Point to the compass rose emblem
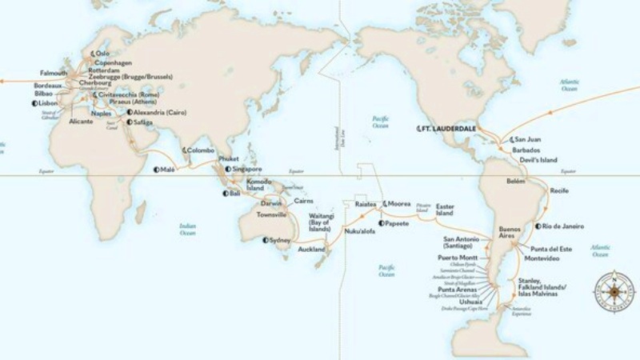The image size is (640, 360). pyautogui.click(x=612, y=287)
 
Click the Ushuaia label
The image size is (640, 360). pyautogui.click(x=468, y=302)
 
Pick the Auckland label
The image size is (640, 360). pyautogui.click(x=311, y=249)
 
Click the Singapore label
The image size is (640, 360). pyautogui.click(x=247, y=169)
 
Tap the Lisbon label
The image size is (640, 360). pyautogui.click(x=47, y=103)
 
